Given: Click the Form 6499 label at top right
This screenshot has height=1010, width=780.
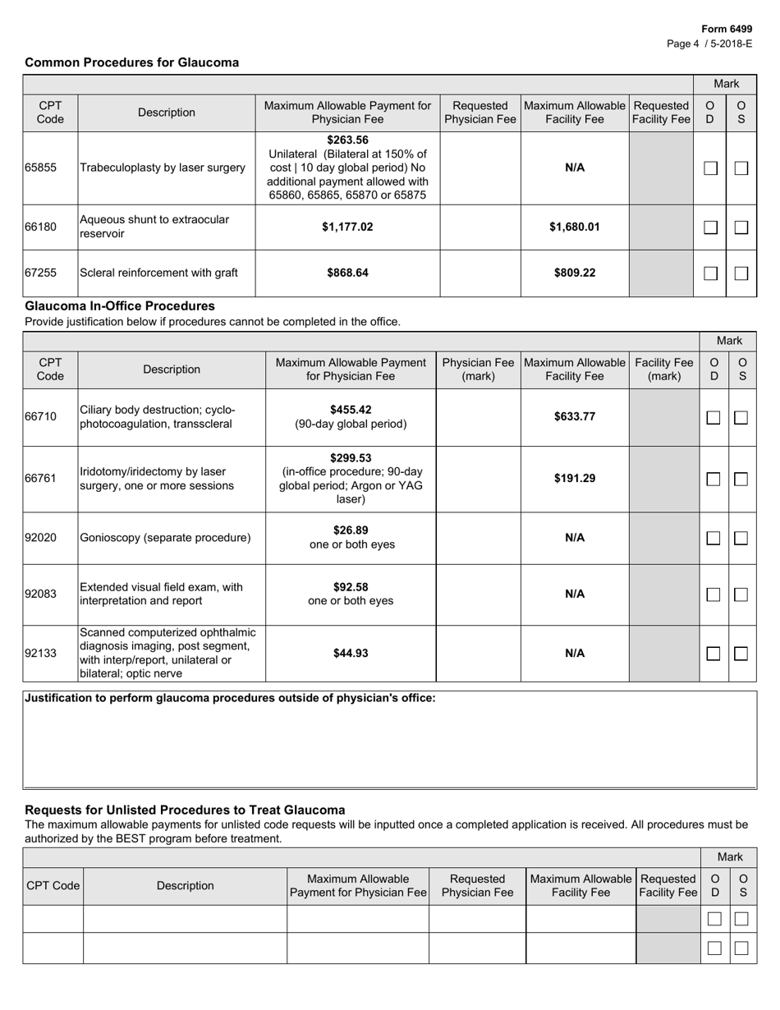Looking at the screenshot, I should point(727,29).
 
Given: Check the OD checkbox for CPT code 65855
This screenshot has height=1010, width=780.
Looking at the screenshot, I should point(711,168).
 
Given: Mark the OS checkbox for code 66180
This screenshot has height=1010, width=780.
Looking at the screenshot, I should point(741,227).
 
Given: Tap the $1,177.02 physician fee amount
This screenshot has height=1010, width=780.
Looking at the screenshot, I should point(347,227).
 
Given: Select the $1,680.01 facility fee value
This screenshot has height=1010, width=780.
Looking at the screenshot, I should point(575,227).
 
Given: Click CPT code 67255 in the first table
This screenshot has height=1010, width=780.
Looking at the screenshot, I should point(40,273).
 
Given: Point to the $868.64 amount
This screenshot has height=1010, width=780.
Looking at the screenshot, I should point(347,273).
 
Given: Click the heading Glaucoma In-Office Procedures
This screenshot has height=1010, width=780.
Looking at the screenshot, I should point(120,306).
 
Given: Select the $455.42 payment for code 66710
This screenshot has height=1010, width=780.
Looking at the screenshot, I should point(351,409).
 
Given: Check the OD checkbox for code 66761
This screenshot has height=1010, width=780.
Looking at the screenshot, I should point(713,479).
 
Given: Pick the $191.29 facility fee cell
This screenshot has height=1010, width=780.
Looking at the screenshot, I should point(575,479).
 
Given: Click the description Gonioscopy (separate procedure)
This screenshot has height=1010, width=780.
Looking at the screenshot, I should point(165,538).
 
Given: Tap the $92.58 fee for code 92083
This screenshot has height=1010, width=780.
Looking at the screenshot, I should point(351,586).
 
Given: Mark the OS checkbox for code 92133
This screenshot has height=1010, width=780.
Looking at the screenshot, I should point(741,654).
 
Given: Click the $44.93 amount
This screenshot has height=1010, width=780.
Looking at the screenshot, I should point(351,654).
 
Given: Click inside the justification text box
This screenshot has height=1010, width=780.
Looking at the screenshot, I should point(389,747).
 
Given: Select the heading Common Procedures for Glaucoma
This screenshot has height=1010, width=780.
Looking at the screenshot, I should point(132,62).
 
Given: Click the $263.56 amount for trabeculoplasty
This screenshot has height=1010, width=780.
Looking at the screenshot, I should point(347,139).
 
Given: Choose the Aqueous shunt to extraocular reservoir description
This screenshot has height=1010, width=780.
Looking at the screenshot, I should point(154,227).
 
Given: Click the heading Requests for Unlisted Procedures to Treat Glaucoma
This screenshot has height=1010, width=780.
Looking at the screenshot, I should point(185,810).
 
